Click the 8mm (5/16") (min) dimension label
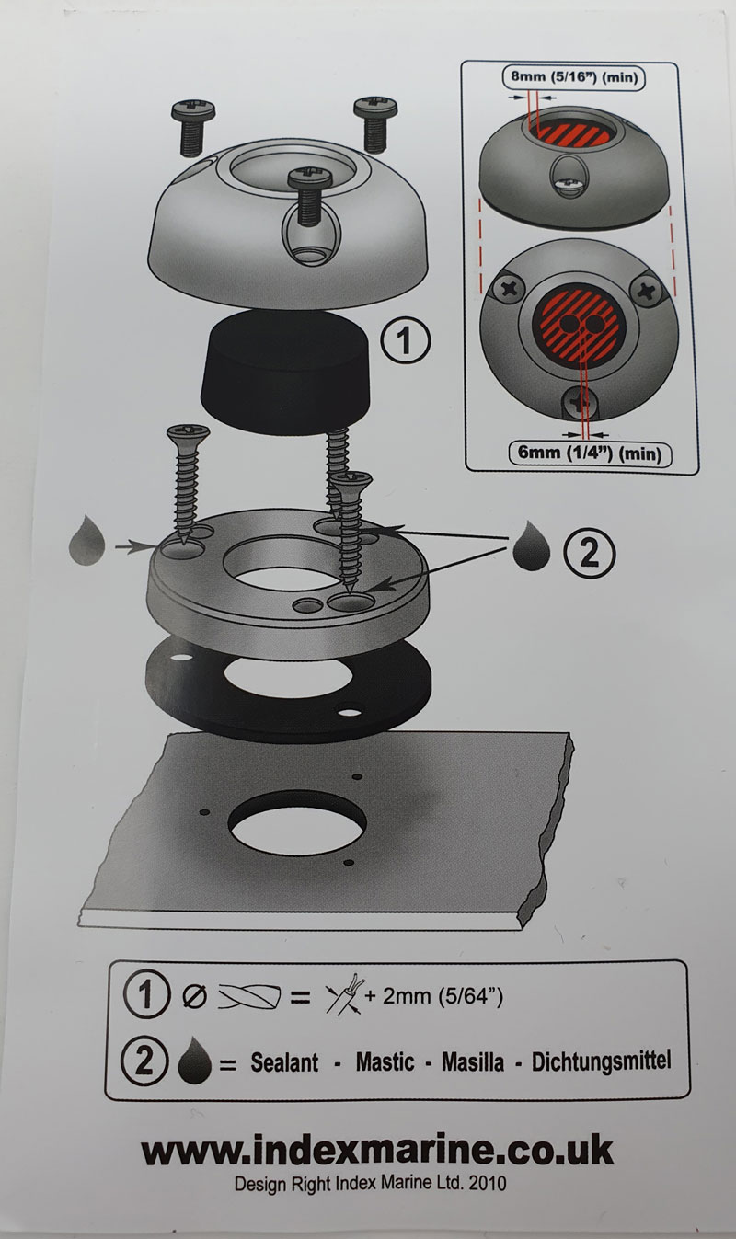573,76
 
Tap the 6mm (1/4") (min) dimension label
590,453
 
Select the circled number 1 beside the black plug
406,340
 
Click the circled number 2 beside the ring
590,552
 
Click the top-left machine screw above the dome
193,127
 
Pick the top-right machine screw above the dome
375,123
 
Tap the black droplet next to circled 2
531,546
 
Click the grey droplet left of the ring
86,541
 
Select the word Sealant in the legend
284,1062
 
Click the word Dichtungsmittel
602,1061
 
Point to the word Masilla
473,1061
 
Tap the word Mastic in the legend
385,1061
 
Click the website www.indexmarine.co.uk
377,1151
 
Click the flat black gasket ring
288,689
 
